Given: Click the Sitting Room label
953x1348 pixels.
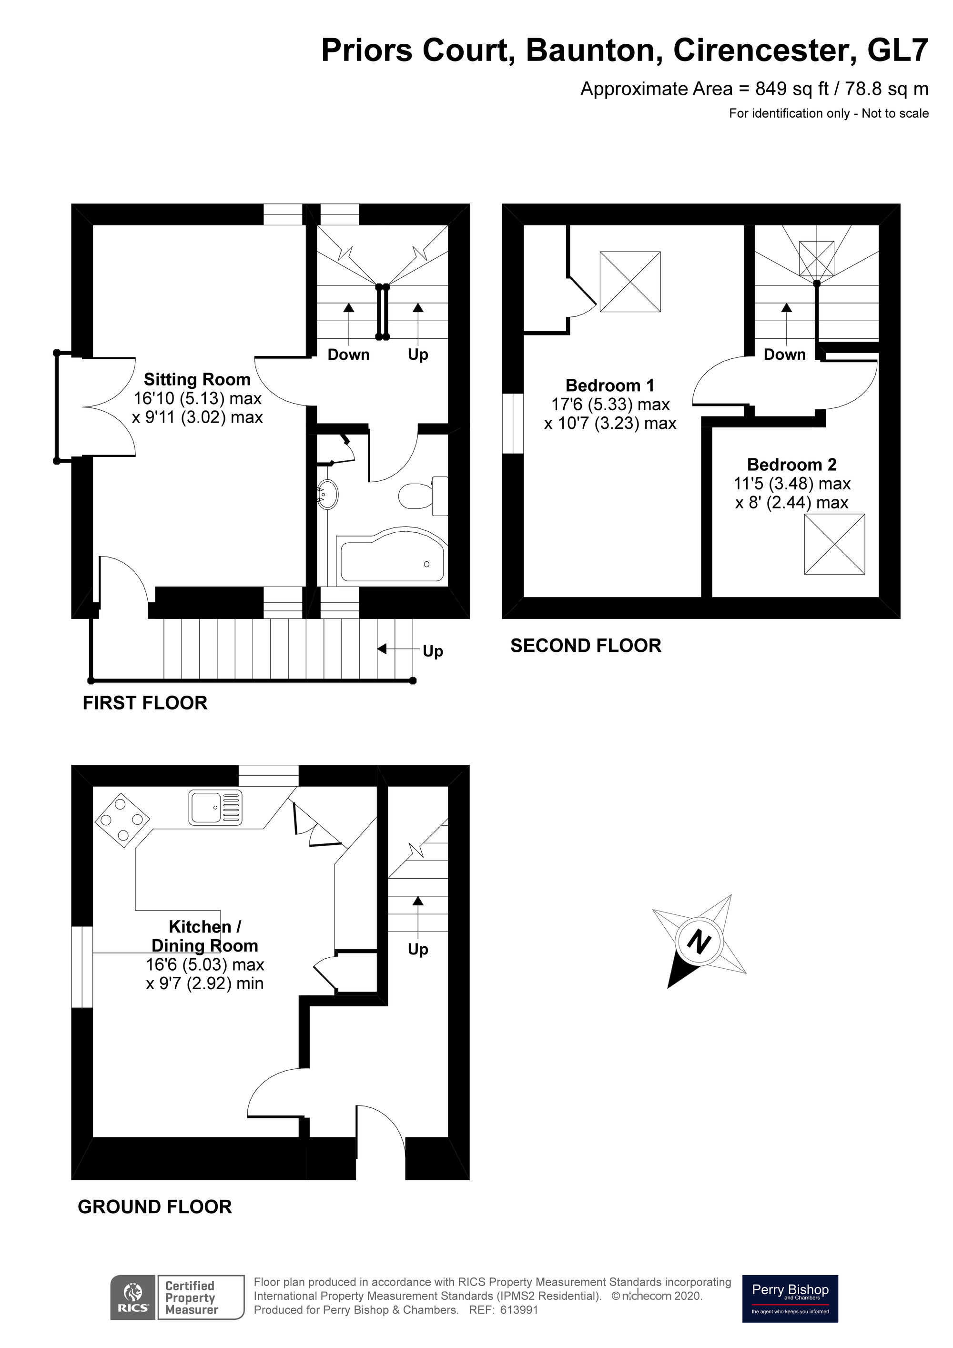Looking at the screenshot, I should [x=197, y=379].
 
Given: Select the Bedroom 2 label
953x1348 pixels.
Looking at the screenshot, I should [x=791, y=465].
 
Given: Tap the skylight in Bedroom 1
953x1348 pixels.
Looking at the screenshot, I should [x=629, y=282].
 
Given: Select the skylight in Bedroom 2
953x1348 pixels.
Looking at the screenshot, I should [x=834, y=544].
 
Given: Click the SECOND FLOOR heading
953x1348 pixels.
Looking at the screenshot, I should [x=586, y=646].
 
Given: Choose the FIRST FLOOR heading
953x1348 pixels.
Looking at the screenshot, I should [x=144, y=703].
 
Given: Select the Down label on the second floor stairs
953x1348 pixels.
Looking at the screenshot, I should [x=784, y=355].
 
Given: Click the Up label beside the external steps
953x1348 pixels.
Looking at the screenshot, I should [x=433, y=651].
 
